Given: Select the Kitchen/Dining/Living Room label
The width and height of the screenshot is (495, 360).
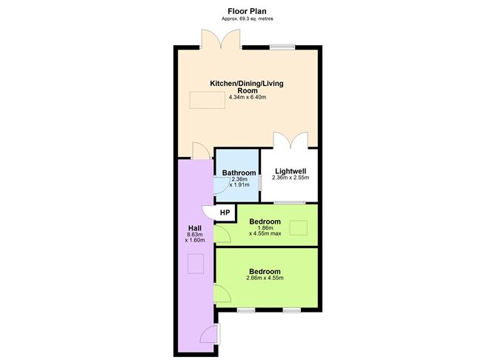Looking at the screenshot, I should pos(247,87).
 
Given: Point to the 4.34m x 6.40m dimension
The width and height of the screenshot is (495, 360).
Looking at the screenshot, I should pos(247,97).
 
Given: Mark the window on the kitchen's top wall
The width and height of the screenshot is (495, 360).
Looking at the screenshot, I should pos(281,47).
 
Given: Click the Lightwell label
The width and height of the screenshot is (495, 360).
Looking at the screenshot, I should pos(290,170).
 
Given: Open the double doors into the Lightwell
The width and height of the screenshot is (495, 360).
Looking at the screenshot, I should pos(290,141).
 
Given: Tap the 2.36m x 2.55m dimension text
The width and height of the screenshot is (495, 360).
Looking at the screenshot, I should pos(290,178).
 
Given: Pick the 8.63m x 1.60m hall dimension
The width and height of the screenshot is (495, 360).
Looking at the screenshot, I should pos(195,239).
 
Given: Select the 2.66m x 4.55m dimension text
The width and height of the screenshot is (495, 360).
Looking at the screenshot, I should pos(265,278).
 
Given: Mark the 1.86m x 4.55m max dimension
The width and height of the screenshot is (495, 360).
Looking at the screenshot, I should pos(265,233).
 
